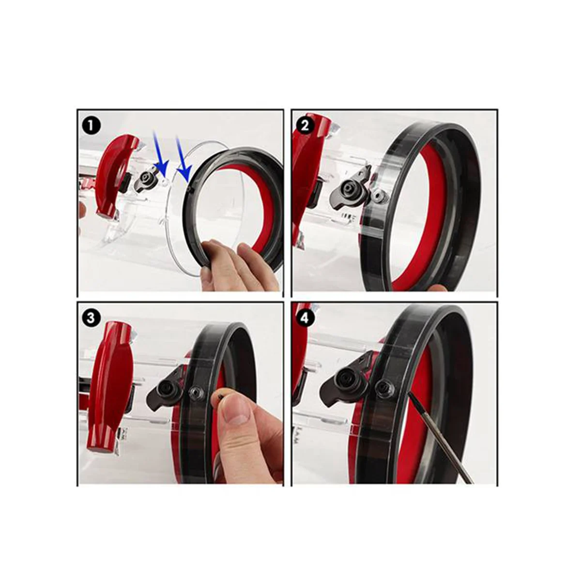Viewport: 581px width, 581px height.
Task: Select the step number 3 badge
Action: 91,318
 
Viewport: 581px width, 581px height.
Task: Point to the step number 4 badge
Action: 305,318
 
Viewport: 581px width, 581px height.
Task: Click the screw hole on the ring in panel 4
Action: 385,386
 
